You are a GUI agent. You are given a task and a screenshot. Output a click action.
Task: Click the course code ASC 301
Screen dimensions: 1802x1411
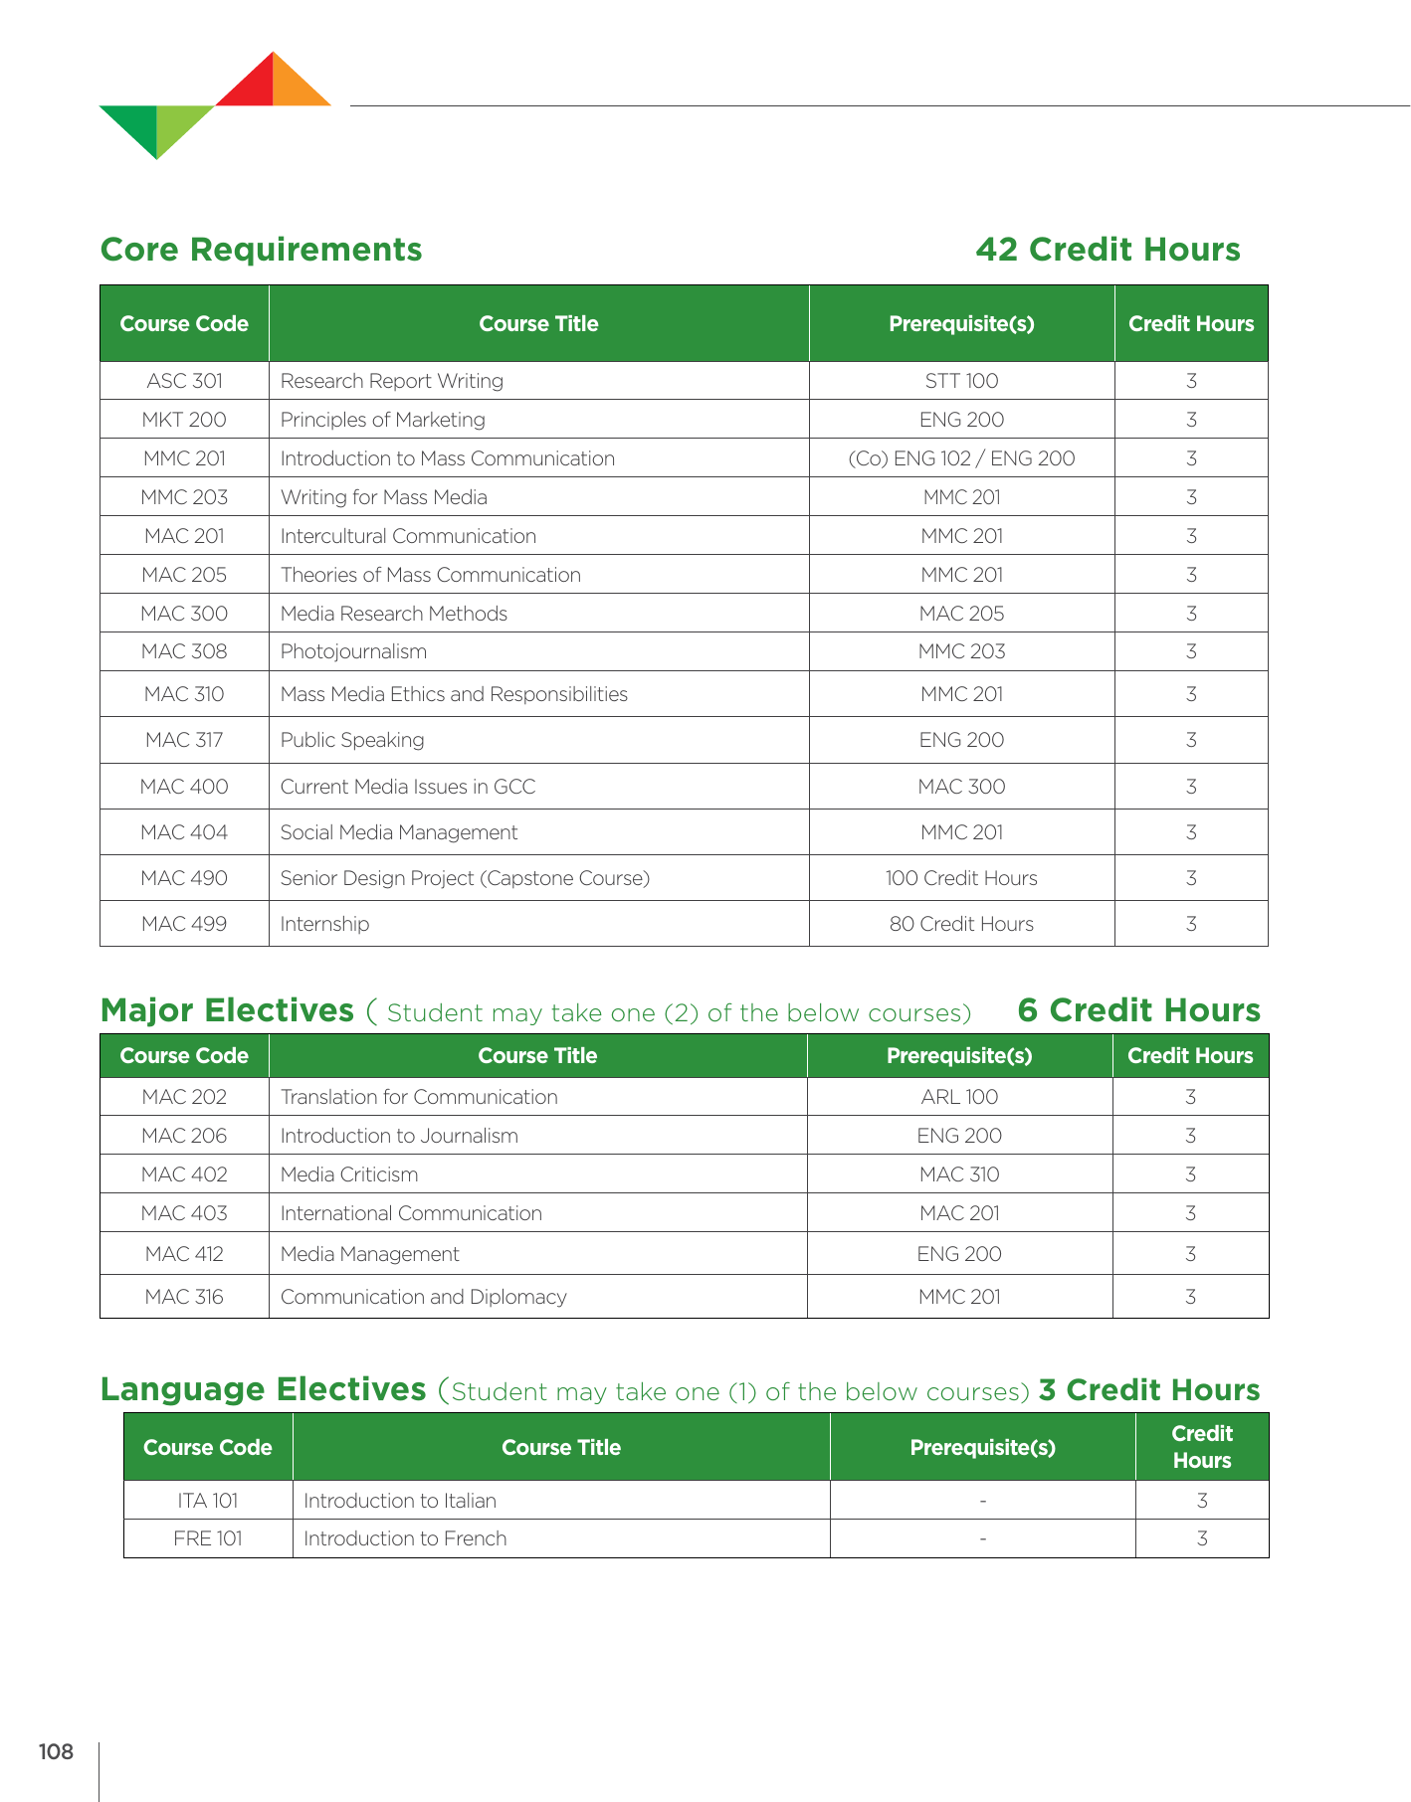click(x=184, y=381)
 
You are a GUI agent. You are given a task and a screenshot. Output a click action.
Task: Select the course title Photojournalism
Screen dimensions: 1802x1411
click(x=353, y=651)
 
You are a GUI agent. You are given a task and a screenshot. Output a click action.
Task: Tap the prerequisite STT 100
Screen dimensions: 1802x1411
click(x=961, y=381)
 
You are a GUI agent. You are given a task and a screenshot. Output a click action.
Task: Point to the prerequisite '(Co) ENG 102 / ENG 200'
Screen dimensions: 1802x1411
click(x=961, y=458)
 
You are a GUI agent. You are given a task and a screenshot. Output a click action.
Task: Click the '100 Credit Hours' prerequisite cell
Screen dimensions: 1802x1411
click(x=961, y=878)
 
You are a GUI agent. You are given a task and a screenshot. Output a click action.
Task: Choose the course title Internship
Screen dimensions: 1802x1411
click(x=324, y=924)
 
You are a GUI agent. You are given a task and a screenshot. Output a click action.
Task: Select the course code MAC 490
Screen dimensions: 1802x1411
click(x=184, y=878)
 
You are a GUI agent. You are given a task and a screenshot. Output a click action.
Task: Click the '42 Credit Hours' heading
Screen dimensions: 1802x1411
click(x=1108, y=250)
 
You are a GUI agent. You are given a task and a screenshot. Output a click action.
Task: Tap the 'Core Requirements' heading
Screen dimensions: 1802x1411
click(x=262, y=250)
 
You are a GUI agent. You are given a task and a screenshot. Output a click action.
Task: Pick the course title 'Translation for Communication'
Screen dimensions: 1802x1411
click(x=419, y=1097)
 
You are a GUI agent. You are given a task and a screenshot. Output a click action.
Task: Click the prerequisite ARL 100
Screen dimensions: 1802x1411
click(x=959, y=1097)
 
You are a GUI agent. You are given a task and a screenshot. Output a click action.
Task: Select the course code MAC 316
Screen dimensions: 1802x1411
click(x=184, y=1297)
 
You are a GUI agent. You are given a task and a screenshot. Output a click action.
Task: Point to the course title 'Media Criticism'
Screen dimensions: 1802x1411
click(x=349, y=1174)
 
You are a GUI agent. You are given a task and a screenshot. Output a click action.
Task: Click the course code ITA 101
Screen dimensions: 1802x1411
click(x=208, y=1501)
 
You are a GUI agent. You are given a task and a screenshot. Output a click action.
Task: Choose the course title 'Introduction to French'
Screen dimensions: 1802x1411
click(x=405, y=1538)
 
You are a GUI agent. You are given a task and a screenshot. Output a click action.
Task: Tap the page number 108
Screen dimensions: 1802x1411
click(x=56, y=1751)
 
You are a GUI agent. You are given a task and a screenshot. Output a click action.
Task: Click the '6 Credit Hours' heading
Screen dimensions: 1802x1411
click(x=1138, y=1010)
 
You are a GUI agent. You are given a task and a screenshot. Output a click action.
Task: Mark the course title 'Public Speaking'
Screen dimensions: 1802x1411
click(x=352, y=740)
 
